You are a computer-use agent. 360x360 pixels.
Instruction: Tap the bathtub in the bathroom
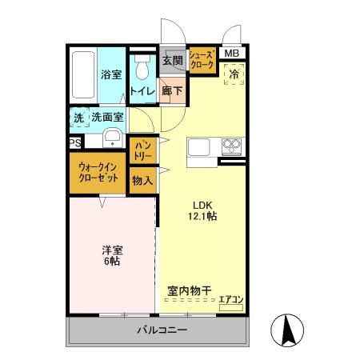coord(82,77)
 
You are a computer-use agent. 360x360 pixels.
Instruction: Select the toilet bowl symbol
coord(143,72)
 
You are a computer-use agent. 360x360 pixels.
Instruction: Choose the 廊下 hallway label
coord(171,90)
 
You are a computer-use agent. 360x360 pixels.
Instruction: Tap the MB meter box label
coord(231,54)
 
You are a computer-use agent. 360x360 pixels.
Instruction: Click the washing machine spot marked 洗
coord(78,117)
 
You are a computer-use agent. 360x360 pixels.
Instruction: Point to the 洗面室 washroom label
coord(106,117)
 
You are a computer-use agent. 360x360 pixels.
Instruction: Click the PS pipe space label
coord(74,143)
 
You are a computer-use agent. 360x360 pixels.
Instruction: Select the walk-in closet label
coord(99,172)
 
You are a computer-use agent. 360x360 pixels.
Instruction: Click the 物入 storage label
coord(142,180)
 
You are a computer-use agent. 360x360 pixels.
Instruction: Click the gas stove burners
coord(232,146)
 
